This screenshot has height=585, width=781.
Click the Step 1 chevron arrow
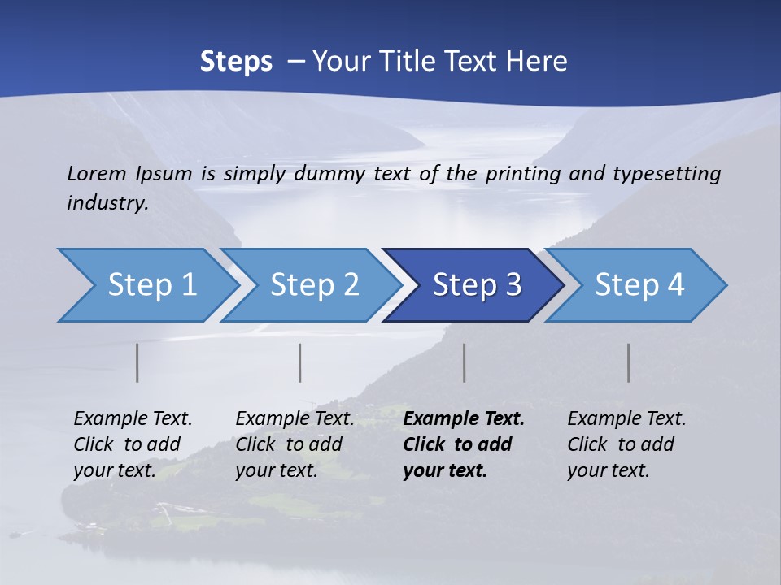pos(146,285)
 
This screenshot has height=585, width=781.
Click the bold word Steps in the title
pos(236,61)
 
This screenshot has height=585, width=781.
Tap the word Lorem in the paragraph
pos(96,173)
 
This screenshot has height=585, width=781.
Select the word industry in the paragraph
pos(107,202)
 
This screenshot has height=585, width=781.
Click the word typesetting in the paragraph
pos(666,173)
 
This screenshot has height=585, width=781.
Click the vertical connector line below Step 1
pos(137,362)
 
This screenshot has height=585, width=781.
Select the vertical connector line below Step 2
pos(300,362)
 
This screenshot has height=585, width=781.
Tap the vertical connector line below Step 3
pos(464,362)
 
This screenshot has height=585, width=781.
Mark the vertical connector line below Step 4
pos(629,362)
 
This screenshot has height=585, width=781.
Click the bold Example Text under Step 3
pos(464,418)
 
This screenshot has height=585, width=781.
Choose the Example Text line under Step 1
pos(133,418)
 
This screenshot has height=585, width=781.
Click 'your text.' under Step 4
pos(608,470)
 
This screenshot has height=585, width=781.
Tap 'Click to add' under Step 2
pos(289,444)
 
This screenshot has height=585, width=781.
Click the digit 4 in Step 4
pos(675,285)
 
